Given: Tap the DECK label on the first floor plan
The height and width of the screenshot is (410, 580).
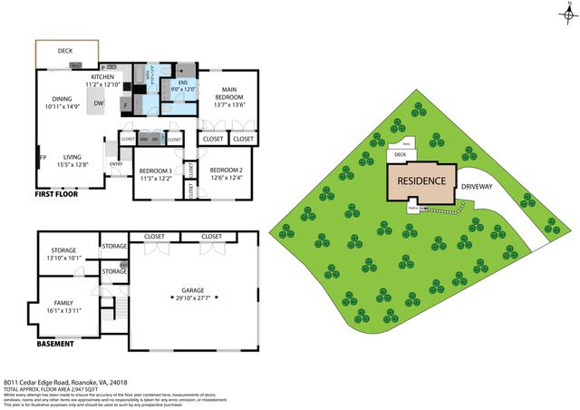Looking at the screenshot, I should point(65,52).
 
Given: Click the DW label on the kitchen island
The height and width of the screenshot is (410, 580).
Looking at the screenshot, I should point(98,103).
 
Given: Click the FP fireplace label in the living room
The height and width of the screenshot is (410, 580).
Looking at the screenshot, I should point(42,158).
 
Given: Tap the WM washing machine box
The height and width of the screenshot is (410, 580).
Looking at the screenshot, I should point(144,140).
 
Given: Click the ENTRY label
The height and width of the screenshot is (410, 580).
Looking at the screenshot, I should point(115,164).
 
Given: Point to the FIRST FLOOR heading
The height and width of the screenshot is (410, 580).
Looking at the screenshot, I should point(56,194).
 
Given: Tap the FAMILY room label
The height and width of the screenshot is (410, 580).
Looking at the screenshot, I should point(63,303).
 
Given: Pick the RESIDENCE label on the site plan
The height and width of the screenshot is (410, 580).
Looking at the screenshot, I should point(422,181).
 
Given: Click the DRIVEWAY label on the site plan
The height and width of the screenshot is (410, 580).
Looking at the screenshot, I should point(478,186).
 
